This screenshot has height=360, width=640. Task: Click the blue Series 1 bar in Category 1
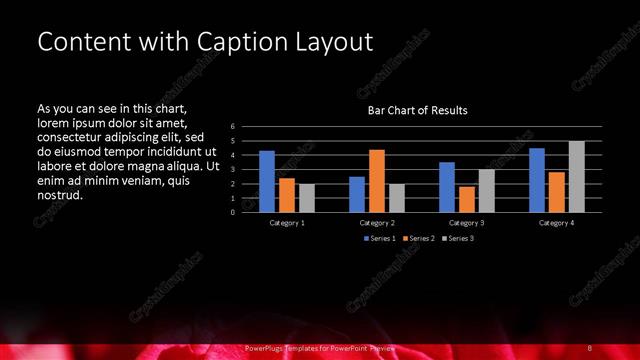point(267,181)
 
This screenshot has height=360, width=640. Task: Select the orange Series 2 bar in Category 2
point(376,181)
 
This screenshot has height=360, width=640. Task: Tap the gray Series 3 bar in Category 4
point(576,177)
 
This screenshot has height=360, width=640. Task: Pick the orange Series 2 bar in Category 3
point(466,199)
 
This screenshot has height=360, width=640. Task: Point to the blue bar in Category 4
point(537,180)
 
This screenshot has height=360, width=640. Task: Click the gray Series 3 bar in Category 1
point(306,198)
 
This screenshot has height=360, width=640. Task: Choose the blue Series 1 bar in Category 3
point(447,187)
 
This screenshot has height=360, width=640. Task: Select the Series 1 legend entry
point(379,238)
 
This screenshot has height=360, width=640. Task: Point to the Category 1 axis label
point(287,222)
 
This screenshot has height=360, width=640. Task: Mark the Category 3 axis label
point(466,222)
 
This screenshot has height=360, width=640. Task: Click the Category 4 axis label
point(557,222)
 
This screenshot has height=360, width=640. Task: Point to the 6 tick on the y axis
point(232,126)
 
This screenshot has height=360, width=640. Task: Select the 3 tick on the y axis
point(232,169)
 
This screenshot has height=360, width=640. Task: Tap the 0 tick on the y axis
point(232,212)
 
